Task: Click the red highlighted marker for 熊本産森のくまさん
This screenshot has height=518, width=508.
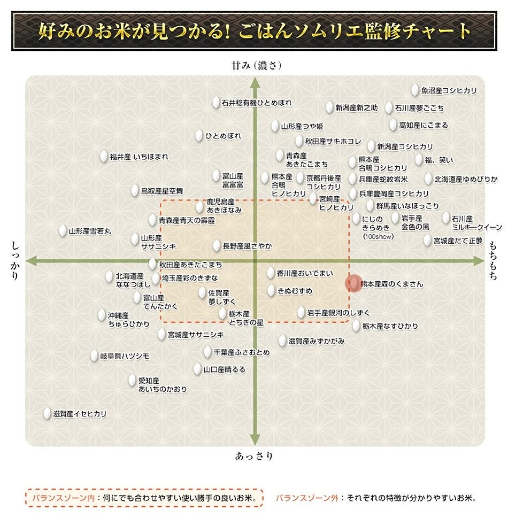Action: click(x=353, y=283)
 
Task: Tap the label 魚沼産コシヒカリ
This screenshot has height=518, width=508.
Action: click(x=449, y=91)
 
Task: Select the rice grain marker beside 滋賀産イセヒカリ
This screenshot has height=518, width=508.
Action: click(x=47, y=413)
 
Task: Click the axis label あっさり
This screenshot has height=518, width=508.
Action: click(x=254, y=456)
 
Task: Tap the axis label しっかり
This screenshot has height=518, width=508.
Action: click(x=14, y=260)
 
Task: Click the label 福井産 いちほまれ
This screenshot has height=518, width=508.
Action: click(x=139, y=157)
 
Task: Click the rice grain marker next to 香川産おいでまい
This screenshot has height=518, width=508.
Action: click(x=271, y=273)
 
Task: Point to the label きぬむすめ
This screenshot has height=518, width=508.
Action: click(x=295, y=291)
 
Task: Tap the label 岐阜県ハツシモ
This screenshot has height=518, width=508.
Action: click(x=125, y=356)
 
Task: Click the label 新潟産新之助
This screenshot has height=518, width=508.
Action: click(x=356, y=108)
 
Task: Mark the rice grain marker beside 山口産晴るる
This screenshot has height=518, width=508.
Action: click(x=198, y=369)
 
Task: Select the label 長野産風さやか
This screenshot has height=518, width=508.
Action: click(x=247, y=246)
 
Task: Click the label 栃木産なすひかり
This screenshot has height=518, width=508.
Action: click(x=390, y=326)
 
